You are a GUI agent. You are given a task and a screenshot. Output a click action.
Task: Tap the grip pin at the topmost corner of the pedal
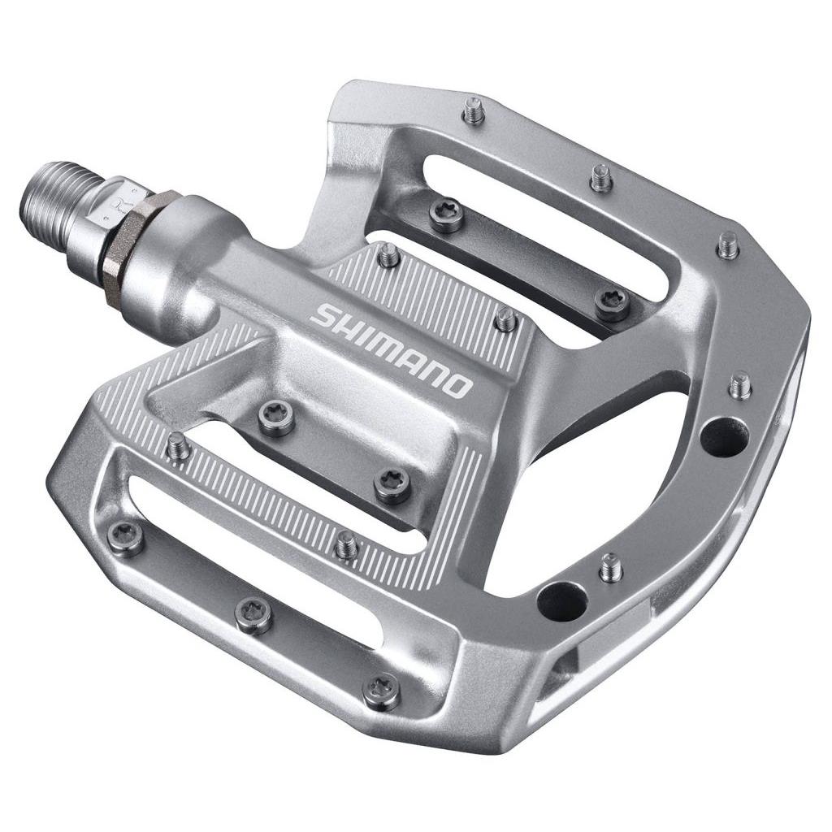pyautogui.click(x=473, y=110)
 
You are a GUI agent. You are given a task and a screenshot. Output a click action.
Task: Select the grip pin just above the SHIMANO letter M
pyautogui.click(x=389, y=254)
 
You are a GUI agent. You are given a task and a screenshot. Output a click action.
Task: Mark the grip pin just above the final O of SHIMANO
pyautogui.click(x=505, y=318)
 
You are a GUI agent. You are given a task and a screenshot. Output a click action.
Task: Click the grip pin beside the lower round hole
pyautogui.click(x=610, y=568)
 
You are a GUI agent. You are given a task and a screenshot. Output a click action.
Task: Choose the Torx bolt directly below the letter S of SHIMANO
pyautogui.click(x=276, y=418)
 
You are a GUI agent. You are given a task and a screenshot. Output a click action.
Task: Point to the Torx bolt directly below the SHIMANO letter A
pyautogui.click(x=392, y=485)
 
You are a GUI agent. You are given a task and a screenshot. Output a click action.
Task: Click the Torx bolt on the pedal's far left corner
pyautogui.click(x=126, y=537)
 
